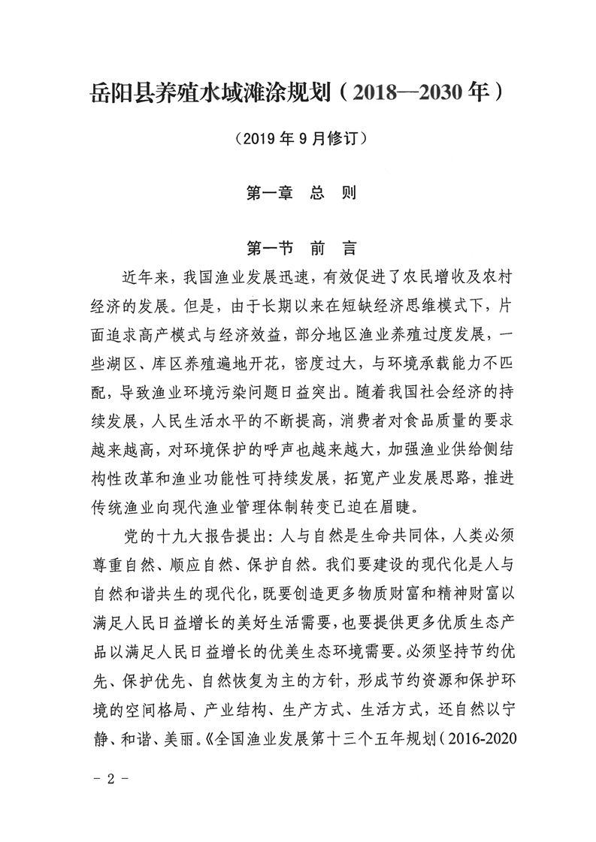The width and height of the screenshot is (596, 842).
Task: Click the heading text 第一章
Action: click(269, 193)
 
